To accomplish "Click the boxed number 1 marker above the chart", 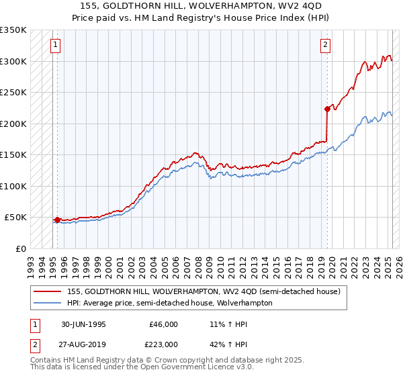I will [x=54, y=46].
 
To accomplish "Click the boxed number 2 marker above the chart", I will [x=325, y=46].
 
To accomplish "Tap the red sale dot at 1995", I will [x=57, y=220].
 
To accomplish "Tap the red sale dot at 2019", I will [x=327, y=109].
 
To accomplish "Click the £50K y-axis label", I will [x=16, y=218].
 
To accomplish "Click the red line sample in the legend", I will [x=48, y=291].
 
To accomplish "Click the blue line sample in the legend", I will [x=48, y=303].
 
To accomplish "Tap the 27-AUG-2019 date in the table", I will [x=84, y=344].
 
